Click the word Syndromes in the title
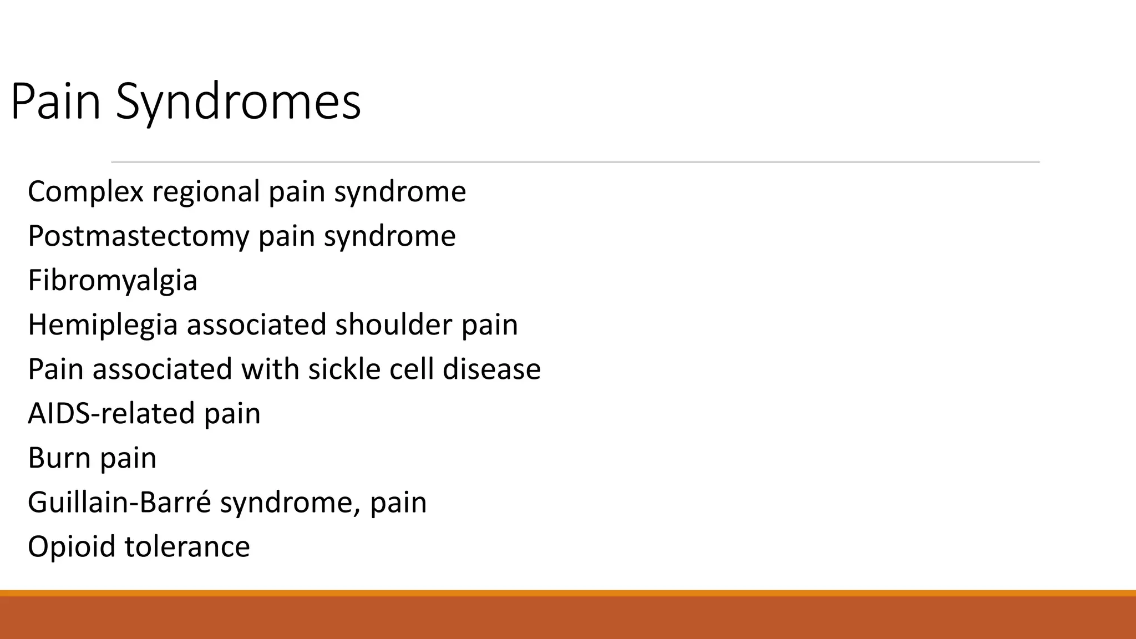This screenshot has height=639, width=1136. [x=239, y=102]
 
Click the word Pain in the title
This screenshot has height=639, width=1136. [x=55, y=102]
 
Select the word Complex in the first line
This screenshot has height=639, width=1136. [x=85, y=192]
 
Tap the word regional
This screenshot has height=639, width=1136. [x=206, y=192]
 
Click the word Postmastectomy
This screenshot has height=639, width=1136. [x=139, y=236]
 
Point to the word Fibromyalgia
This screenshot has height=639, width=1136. [x=113, y=281]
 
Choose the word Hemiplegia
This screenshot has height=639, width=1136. [x=103, y=325]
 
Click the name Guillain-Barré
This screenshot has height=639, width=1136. [x=119, y=503]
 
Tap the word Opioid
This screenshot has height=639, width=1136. [x=72, y=547]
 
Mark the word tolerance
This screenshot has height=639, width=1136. [x=187, y=547]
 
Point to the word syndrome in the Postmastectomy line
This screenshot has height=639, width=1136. [x=390, y=236]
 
